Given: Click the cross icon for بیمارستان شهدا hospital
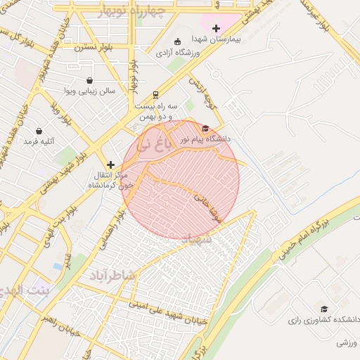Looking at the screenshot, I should [216, 28].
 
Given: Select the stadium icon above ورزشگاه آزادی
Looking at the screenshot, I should [177, 41].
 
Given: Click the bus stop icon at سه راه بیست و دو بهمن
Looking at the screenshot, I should [155, 94].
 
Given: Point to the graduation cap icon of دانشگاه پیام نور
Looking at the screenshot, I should [205, 128].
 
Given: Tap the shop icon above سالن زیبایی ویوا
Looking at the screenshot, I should [89, 80].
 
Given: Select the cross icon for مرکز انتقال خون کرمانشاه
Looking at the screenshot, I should [110, 164].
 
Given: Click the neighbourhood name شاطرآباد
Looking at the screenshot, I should [111, 275].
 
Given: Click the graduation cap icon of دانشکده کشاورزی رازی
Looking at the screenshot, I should [323, 309].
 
